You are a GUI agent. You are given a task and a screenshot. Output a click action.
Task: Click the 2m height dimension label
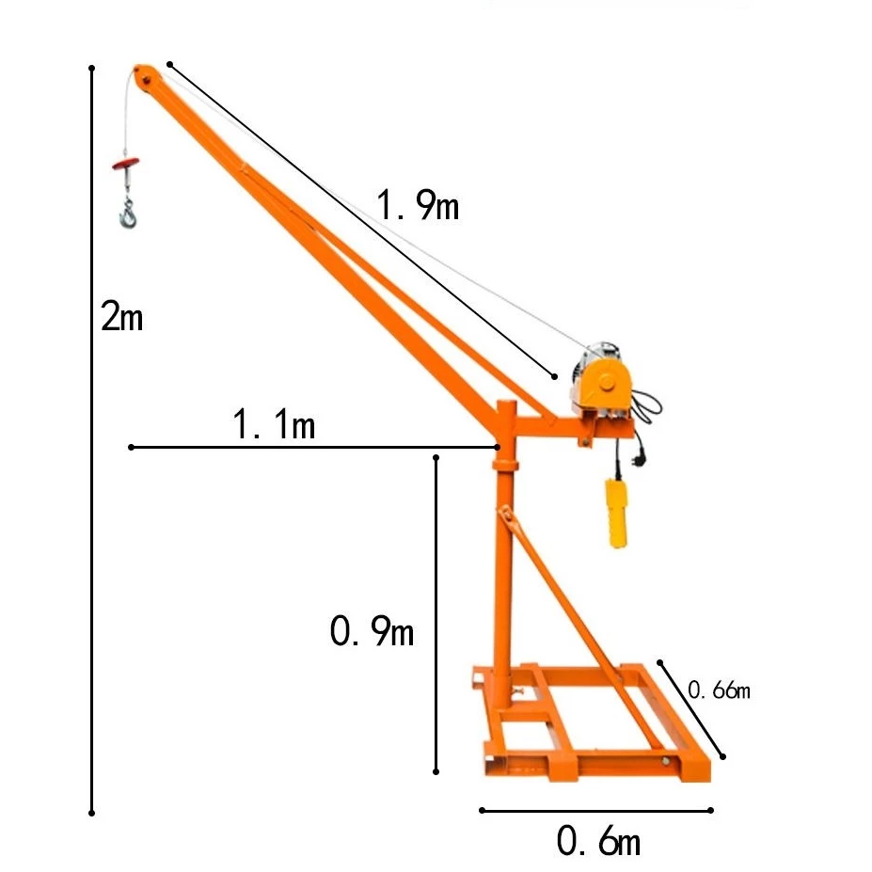pos(122,317)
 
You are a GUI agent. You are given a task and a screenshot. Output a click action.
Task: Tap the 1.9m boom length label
pos(418,204)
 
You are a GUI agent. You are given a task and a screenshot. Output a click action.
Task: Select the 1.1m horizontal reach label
pos(274,424)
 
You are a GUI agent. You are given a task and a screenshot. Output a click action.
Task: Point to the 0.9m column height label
pos(372,631)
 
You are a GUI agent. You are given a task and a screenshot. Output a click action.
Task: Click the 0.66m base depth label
pos(719,690)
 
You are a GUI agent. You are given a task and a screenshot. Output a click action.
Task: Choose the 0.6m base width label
pos(598,840)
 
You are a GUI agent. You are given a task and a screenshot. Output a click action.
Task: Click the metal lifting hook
pos(127,214)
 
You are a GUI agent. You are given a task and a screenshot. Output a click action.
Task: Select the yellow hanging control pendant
pos(616,512)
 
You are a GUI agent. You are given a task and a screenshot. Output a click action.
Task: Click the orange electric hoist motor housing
pos(603,386)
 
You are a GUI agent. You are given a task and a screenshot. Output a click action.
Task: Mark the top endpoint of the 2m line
pos(91,68)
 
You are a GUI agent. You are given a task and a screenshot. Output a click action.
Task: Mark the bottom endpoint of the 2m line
pos(91,812)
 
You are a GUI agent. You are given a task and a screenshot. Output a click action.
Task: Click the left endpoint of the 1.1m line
pos(132,447)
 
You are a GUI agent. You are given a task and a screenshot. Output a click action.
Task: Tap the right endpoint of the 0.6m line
pos(711,809)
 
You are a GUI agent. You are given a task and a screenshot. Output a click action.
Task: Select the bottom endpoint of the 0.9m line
pos(436,771)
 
